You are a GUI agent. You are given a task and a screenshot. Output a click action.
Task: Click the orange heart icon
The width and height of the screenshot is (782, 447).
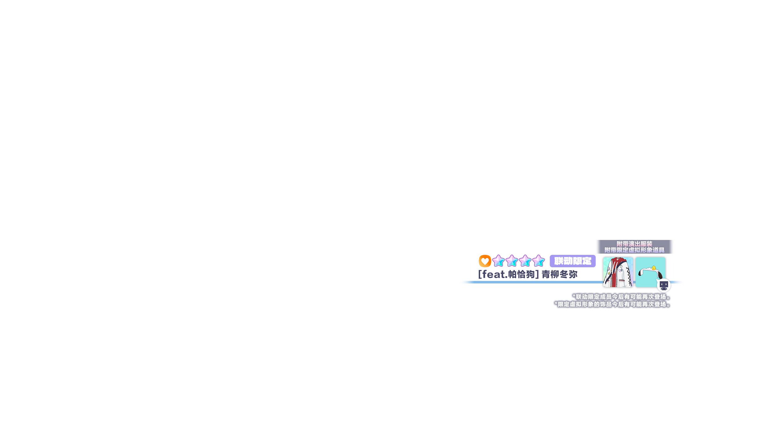pyautogui.click(x=485, y=261)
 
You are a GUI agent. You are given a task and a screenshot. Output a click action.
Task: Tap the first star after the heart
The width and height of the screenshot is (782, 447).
pyautogui.click(x=498, y=261)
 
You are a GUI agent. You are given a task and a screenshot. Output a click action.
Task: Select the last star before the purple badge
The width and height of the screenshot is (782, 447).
pyautogui.click(x=538, y=261)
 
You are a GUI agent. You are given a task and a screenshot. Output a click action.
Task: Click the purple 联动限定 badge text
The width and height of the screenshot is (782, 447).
pyautogui.click(x=573, y=261)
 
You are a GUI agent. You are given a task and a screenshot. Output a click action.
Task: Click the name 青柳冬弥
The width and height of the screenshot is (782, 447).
pyautogui.click(x=560, y=274)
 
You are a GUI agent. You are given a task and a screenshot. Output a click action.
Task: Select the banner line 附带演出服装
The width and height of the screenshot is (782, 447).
pyautogui.click(x=634, y=244)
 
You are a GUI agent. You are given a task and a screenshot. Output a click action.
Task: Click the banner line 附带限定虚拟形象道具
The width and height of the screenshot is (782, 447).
pyautogui.click(x=634, y=250)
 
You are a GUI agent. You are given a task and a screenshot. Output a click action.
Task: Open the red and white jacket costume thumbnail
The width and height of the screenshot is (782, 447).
pyautogui.click(x=618, y=272)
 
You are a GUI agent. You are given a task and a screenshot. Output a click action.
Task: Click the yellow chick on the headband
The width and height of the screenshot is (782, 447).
pyautogui.click(x=654, y=268)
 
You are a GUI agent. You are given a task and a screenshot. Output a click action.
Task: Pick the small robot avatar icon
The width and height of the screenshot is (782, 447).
pyautogui.click(x=664, y=285)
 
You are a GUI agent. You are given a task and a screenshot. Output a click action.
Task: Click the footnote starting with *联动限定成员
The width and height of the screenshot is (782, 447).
pyautogui.click(x=622, y=297)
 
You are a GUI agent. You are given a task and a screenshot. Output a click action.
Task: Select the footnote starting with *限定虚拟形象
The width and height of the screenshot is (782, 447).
pyautogui.click(x=613, y=304)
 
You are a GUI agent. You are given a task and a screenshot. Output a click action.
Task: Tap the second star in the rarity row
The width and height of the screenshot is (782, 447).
pyautogui.click(x=512, y=261)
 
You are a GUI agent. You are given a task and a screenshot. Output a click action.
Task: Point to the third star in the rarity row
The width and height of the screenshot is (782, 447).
pyautogui.click(x=525, y=261)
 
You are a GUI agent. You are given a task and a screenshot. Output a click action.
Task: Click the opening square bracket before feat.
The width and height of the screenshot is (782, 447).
pyautogui.click(x=480, y=274)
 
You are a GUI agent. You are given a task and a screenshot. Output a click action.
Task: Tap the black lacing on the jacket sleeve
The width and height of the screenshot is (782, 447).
pyautogui.click(x=629, y=278)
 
